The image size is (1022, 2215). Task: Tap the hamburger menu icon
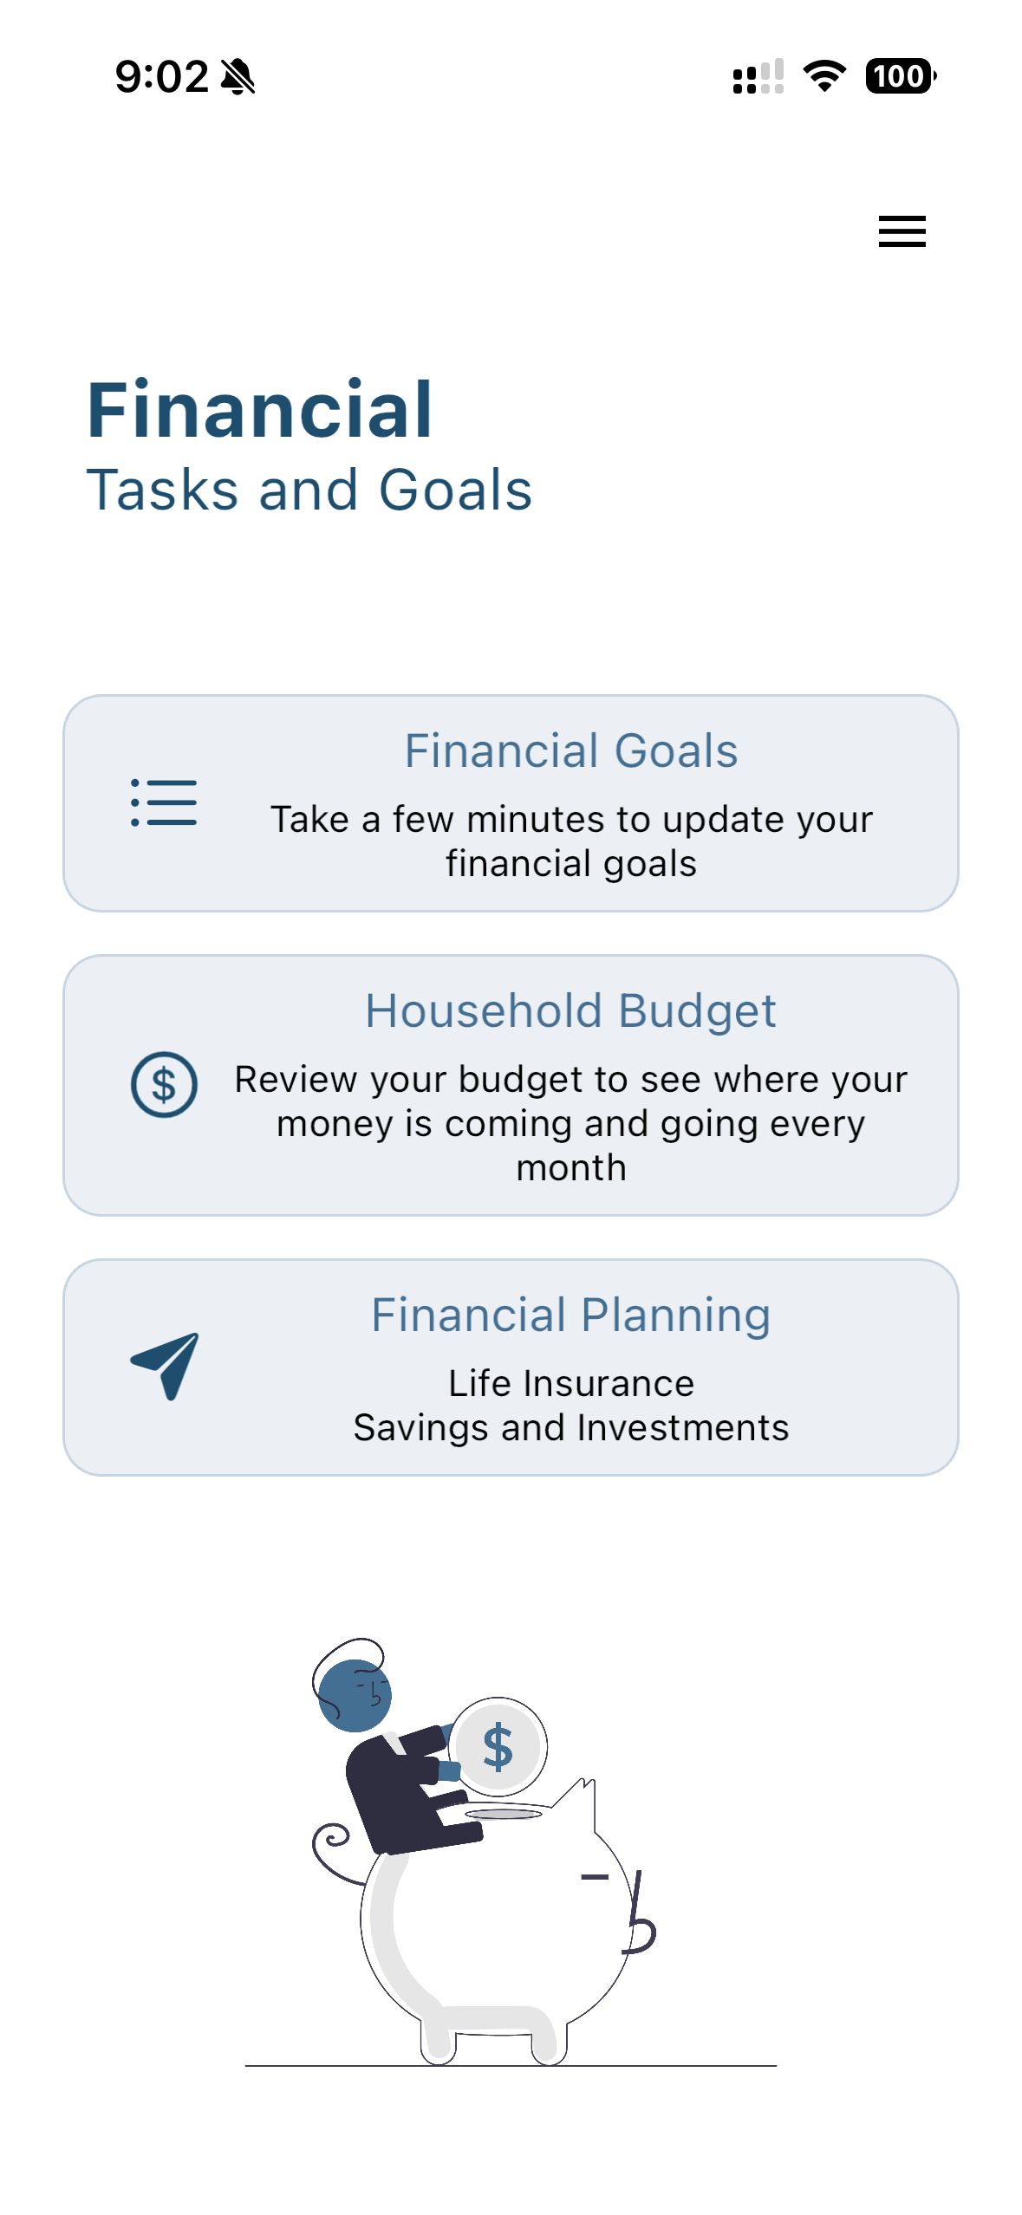point(902,231)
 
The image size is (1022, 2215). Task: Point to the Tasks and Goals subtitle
point(309,490)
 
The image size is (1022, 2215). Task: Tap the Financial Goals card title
point(571,750)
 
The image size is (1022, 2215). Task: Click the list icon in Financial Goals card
point(164,802)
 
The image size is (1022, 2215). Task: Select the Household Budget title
point(571,1010)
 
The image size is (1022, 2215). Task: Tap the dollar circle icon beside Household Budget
point(164,1084)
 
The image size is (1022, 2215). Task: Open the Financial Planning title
point(571,1315)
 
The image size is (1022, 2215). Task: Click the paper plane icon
point(165,1366)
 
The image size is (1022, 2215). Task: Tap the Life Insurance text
point(571,1383)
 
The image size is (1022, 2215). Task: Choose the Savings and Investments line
point(571,1427)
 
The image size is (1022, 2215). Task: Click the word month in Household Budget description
point(571,1168)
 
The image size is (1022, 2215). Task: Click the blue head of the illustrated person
point(355,1695)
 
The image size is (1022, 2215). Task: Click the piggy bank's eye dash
point(595,1877)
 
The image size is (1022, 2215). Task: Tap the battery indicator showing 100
point(901,76)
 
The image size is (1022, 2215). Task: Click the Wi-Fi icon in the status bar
point(824,76)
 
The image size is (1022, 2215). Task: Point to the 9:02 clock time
point(162,76)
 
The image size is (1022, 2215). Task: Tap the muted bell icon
point(238,76)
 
